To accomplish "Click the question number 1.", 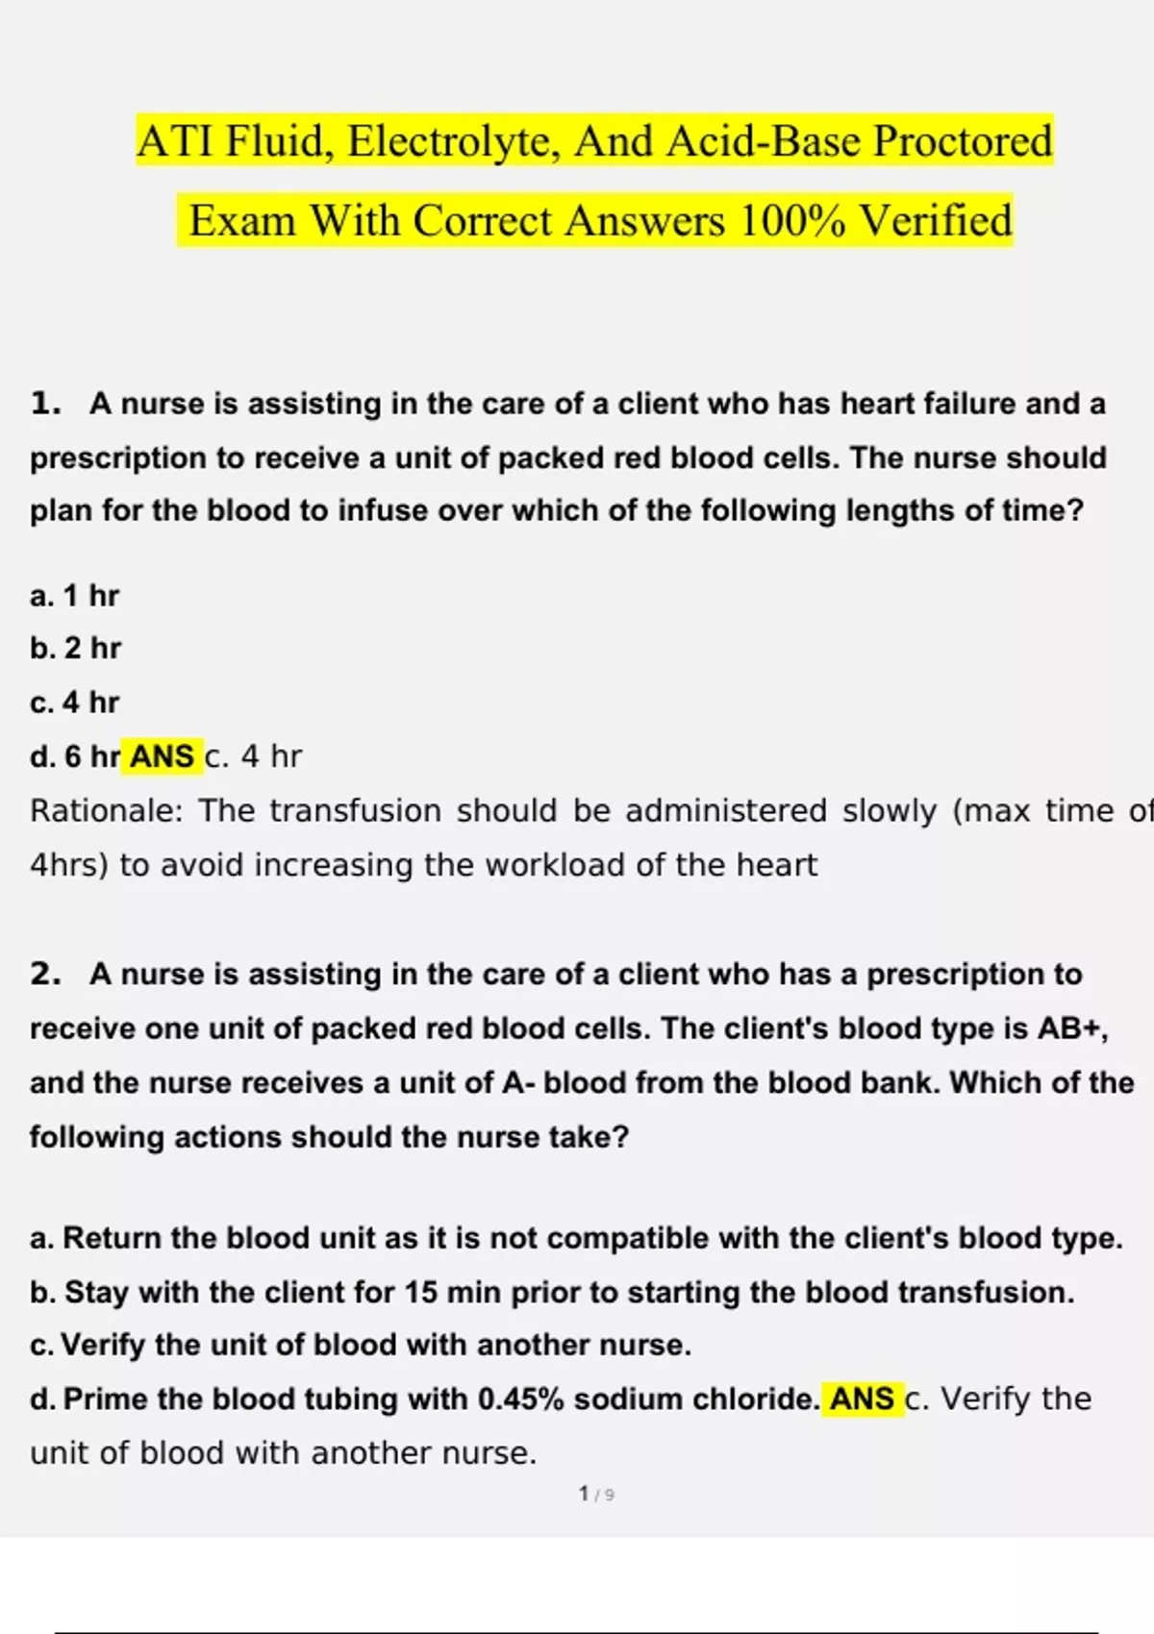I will (x=44, y=404).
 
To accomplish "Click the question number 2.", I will (x=44, y=975).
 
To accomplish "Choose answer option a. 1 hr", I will (x=75, y=596).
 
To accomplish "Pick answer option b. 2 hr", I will (x=76, y=649).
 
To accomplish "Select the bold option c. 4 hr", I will (x=75, y=703).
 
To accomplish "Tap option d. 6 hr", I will (x=75, y=757).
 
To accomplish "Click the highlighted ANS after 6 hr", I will (x=162, y=757).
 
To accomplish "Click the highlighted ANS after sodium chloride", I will (x=862, y=1399).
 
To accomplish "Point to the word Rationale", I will (x=106, y=811).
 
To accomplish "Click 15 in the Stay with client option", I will (x=420, y=1293).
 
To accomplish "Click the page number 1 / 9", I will (x=596, y=1495).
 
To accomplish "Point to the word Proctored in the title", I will (x=962, y=141).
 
